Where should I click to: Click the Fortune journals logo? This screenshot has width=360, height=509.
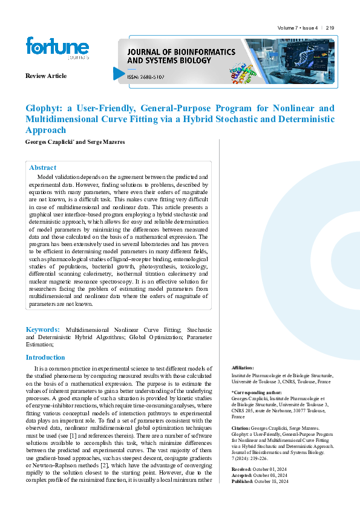click(x=57, y=48)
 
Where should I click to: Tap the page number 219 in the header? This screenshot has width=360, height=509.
click(x=330, y=28)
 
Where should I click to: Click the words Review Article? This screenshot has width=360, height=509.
click(x=46, y=76)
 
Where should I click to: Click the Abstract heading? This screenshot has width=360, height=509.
click(x=42, y=167)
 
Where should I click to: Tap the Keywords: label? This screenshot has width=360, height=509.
click(x=42, y=329)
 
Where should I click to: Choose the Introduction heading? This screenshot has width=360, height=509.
click(x=45, y=357)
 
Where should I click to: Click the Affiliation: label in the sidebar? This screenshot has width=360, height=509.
click(x=243, y=368)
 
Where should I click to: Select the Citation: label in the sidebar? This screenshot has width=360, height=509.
click(x=241, y=428)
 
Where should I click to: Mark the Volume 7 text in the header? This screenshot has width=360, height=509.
click(x=288, y=28)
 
